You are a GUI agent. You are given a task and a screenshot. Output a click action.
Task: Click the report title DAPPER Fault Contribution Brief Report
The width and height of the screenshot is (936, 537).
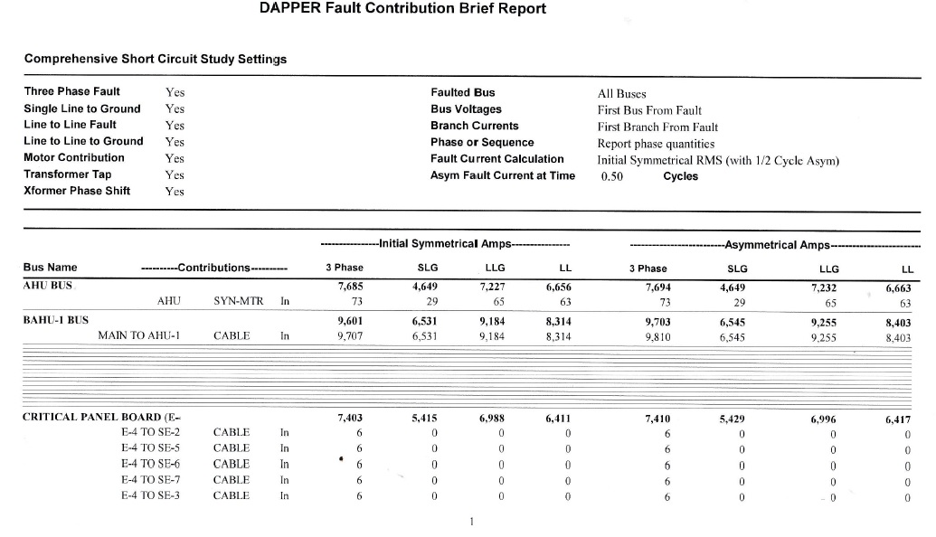tap(402, 9)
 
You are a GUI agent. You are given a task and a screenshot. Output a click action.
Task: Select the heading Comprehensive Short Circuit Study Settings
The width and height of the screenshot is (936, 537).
tap(155, 59)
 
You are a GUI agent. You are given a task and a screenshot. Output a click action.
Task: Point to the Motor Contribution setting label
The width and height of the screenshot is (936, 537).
tap(74, 157)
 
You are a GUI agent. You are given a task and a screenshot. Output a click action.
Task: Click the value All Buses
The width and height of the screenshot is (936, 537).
tap(622, 93)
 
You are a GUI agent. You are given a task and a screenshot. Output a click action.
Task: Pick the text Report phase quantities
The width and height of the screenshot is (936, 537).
tap(656, 144)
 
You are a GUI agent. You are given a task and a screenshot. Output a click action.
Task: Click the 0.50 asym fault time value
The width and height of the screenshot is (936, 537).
tap(612, 177)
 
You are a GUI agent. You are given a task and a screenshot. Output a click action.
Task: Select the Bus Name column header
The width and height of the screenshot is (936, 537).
tap(50, 268)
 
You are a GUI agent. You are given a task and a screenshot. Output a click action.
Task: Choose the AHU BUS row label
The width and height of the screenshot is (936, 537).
tap(49, 285)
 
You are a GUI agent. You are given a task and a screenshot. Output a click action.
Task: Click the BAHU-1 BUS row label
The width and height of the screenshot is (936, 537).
tap(55, 320)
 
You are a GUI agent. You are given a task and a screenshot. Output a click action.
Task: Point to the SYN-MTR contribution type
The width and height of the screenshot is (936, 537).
tap(238, 301)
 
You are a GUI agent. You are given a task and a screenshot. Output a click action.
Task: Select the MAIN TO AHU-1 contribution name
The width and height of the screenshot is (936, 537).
tap(140, 336)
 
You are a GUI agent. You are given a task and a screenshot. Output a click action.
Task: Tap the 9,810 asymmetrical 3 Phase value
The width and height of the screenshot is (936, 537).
tap(655, 337)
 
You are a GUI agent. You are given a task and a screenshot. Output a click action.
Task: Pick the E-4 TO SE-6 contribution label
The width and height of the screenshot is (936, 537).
tap(150, 464)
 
